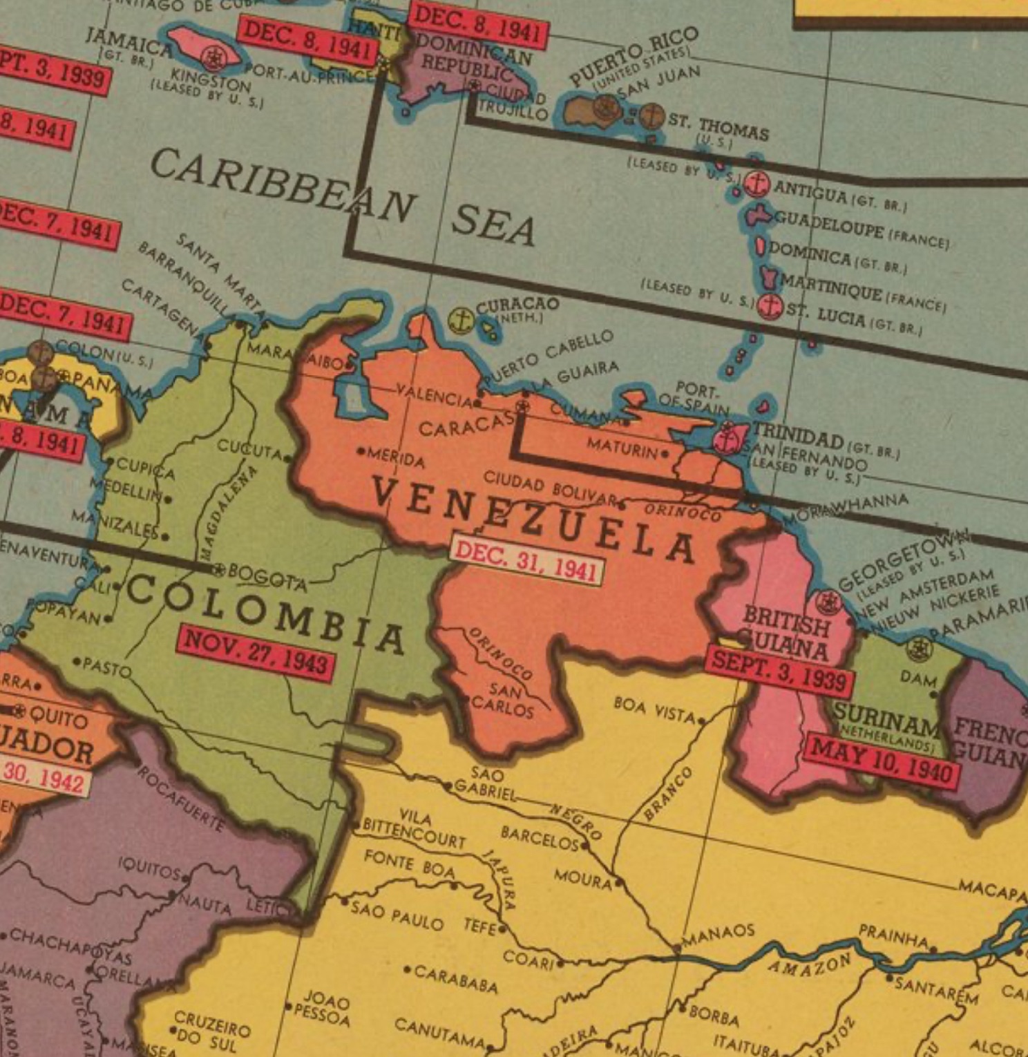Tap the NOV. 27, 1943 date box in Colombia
[256, 652]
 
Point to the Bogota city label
[267, 576]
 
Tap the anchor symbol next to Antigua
[757, 184]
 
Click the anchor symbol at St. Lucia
[770, 305]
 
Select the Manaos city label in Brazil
[718, 935]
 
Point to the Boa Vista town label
[654, 710]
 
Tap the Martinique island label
[832, 288]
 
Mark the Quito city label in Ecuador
[58, 718]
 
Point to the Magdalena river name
[228, 512]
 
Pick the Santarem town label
[936, 991]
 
